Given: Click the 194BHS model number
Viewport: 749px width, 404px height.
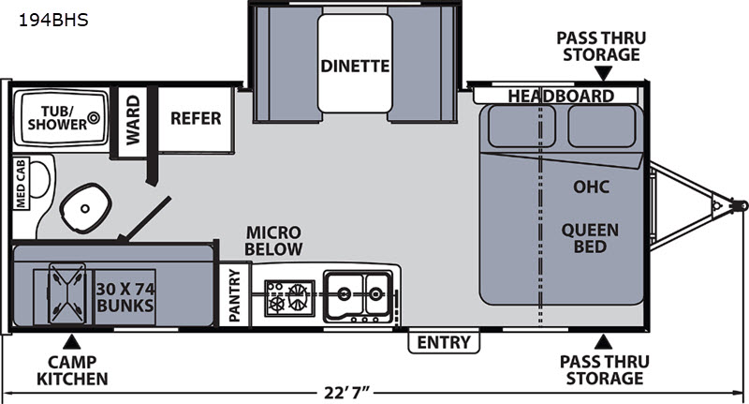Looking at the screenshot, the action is point(53,20).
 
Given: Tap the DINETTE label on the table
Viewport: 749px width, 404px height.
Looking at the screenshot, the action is point(355,66).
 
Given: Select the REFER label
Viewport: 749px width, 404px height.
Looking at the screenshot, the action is point(196,118).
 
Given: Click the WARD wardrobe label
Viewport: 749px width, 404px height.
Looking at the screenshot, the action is point(133,120).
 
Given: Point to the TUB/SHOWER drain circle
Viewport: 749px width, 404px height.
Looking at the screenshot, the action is point(94,116).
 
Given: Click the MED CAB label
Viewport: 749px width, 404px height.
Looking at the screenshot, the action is point(21,184).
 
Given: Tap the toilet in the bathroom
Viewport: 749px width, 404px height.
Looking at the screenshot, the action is point(85,208).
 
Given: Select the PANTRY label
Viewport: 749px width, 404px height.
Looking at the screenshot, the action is point(234,295).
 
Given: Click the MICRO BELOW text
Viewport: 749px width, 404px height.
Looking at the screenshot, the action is point(273,241).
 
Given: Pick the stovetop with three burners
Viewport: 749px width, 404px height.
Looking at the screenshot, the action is point(289,298).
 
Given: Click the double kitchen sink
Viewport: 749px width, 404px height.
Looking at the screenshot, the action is point(359,296).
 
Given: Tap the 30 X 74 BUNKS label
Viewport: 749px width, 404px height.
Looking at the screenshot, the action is point(125,297).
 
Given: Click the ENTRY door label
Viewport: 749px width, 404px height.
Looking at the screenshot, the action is point(444,342).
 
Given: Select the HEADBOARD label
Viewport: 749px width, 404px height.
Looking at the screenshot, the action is point(561,97).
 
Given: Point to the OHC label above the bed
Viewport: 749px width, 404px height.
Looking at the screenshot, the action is point(592,187).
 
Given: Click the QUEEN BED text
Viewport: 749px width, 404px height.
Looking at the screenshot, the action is point(590,238).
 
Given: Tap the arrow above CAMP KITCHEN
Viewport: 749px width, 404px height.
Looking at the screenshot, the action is point(72,341).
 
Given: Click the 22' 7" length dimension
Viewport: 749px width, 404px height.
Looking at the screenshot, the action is point(347,393).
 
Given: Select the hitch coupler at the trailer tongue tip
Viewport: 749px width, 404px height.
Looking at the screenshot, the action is point(740,205).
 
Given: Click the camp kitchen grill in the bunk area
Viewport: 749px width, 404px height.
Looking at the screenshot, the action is point(66,293).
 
